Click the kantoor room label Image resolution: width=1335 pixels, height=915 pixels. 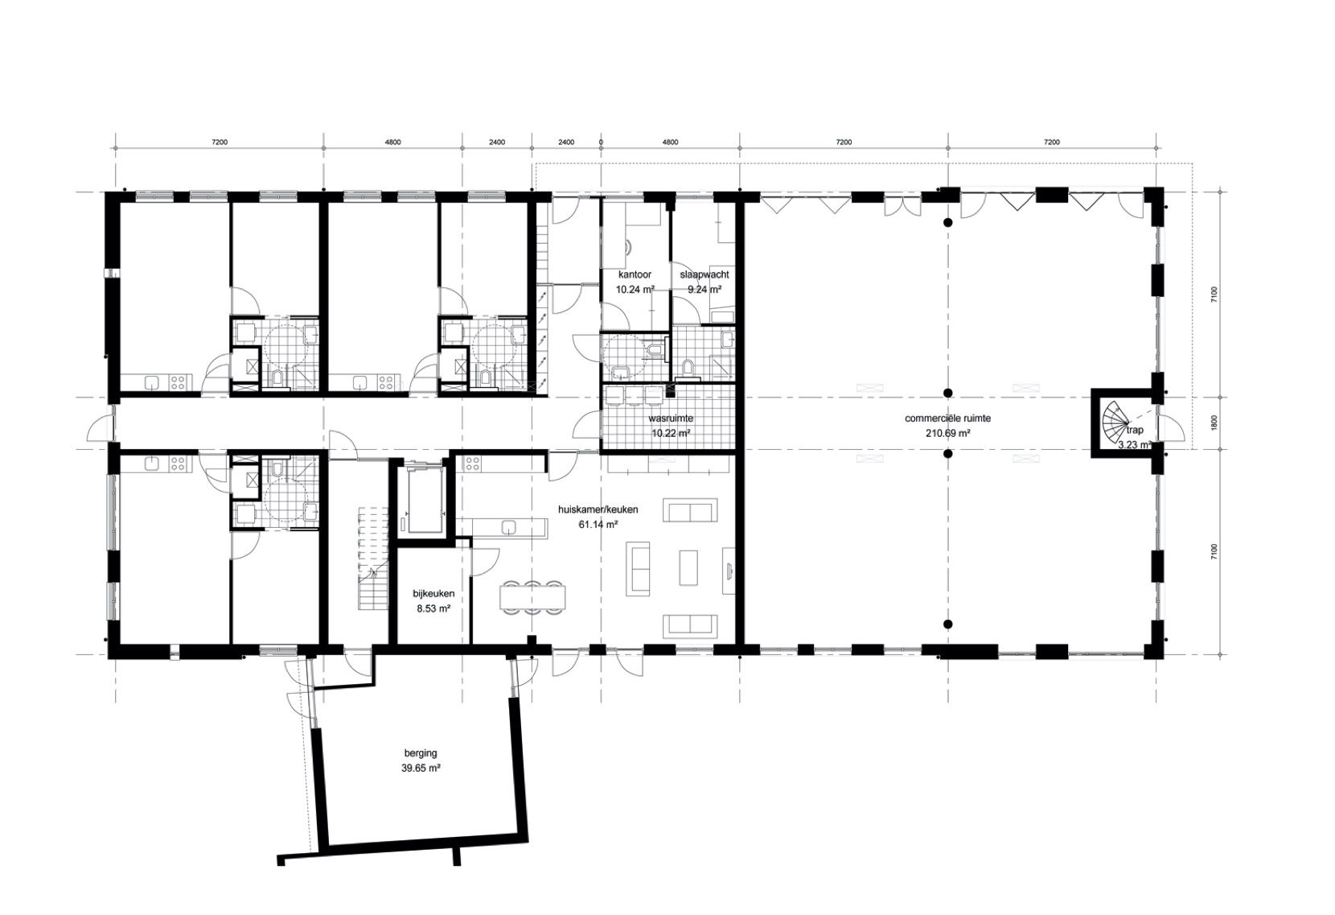tap(635, 275)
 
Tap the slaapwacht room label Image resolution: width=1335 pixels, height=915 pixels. tap(704, 275)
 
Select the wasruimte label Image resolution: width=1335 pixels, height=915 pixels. tap(671, 418)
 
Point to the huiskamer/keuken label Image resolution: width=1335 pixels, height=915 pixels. tap(598, 510)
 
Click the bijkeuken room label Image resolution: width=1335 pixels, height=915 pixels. tap(434, 593)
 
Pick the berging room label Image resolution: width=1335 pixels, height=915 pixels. tap(421, 753)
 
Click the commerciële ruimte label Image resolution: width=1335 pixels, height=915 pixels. tap(947, 418)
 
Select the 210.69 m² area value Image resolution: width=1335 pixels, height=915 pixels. tap(947, 434)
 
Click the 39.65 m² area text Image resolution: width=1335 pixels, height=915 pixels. tap(421, 769)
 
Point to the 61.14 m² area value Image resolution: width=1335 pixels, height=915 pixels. tap(598, 525)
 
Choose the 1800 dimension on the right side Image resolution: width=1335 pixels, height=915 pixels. tap(1214, 423)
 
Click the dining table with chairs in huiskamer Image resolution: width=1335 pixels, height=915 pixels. tap(533, 596)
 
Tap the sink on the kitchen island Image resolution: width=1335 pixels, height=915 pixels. tap(508, 526)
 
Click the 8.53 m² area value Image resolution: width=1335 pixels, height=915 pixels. tap(434, 609)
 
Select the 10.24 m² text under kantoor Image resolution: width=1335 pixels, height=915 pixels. tap(635, 290)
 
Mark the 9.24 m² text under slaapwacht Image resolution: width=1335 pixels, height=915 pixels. tap(704, 290)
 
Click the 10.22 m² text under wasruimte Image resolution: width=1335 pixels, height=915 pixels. tap(671, 434)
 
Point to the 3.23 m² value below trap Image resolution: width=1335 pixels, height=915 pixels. tap(1134, 445)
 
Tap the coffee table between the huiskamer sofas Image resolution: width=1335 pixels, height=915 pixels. tap(688, 567)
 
